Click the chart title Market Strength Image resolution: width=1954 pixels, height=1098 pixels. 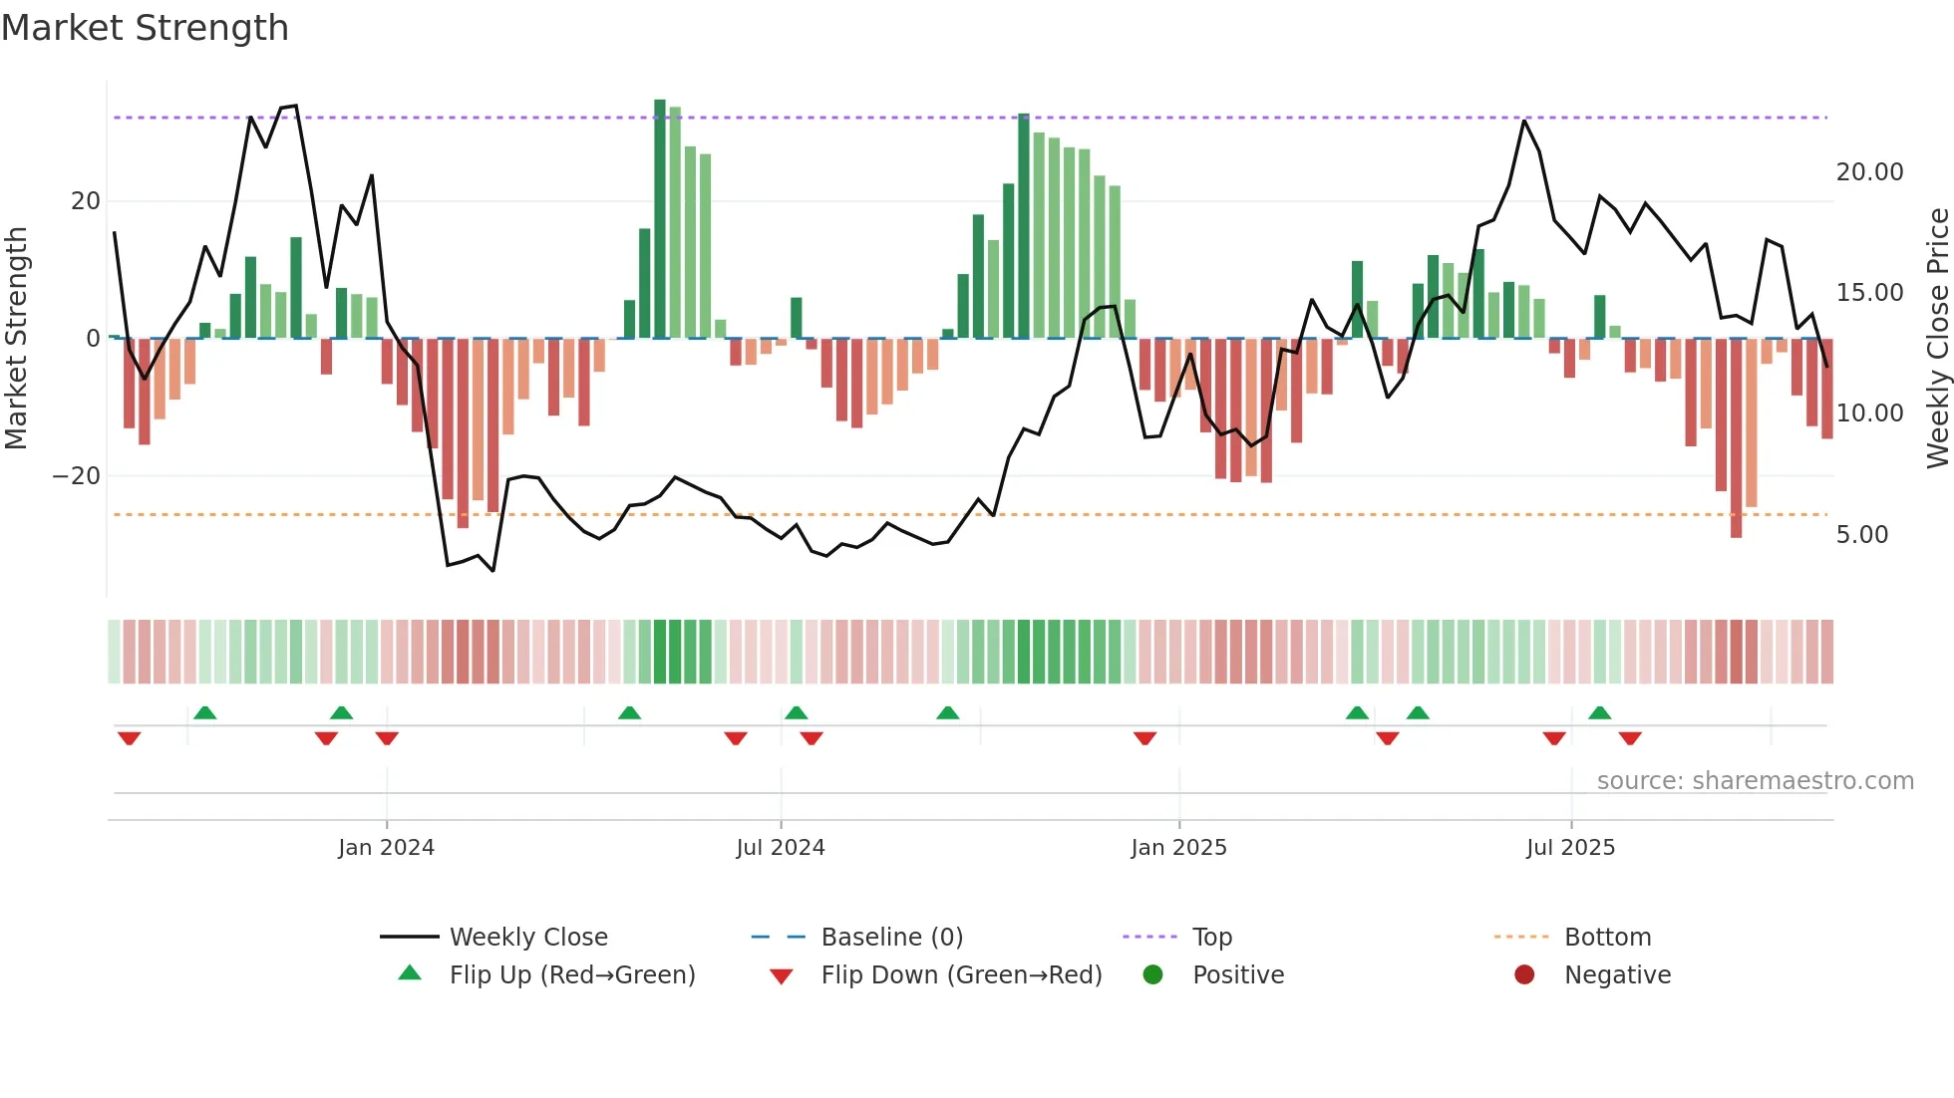(x=145, y=28)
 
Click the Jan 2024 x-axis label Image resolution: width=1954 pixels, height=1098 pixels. (x=386, y=848)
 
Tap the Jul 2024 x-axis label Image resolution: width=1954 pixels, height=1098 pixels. (x=781, y=848)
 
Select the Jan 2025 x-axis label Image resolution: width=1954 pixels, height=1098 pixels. (x=1178, y=848)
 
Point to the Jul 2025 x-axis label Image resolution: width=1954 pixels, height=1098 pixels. (x=1570, y=848)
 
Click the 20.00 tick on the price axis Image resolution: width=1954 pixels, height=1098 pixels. (x=1869, y=172)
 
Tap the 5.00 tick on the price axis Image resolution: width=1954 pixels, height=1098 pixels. (x=1861, y=535)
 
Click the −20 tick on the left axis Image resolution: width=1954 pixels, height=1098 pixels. (x=77, y=476)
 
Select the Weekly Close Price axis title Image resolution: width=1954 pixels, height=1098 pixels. (x=1937, y=338)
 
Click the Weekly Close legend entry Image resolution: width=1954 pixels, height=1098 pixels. (x=527, y=938)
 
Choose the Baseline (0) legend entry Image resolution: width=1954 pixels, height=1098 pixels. (x=891, y=938)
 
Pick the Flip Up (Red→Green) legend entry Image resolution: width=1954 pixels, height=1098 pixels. (x=571, y=975)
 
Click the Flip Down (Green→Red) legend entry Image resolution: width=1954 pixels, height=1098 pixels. (x=961, y=975)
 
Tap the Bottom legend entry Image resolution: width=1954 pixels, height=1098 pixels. (x=1607, y=938)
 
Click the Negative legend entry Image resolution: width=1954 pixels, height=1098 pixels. (x=1616, y=975)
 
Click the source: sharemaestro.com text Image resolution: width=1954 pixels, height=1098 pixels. (x=1755, y=781)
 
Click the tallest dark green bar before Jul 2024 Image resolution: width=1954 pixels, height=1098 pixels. (x=660, y=219)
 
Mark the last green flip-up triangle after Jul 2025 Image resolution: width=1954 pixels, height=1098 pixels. (x=1599, y=713)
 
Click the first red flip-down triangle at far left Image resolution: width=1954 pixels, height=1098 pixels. (x=129, y=738)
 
